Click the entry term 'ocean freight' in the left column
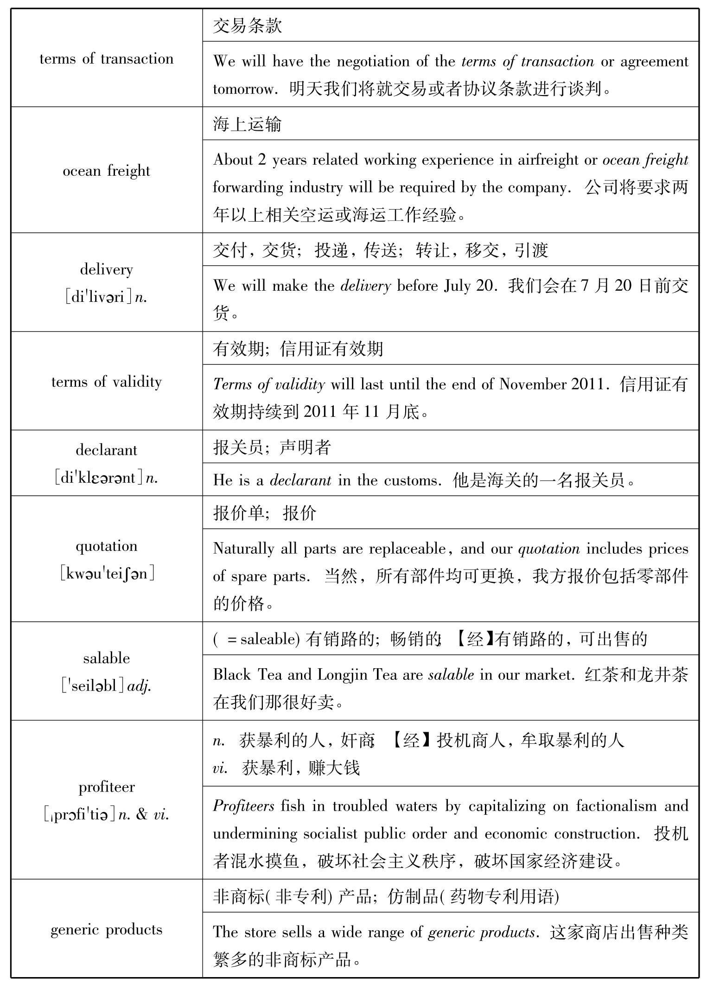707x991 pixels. coord(106,171)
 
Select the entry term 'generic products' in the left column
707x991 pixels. coord(106,930)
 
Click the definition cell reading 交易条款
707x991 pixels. coord(248,26)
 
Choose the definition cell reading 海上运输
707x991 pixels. coord(248,124)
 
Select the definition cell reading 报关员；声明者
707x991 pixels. coord(272,447)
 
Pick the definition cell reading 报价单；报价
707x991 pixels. coord(265,513)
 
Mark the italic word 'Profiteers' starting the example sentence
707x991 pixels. coord(244,806)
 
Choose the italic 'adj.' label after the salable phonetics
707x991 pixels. coord(140,685)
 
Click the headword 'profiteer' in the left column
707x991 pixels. coord(107,787)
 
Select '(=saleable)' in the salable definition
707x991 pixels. coord(256,639)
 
